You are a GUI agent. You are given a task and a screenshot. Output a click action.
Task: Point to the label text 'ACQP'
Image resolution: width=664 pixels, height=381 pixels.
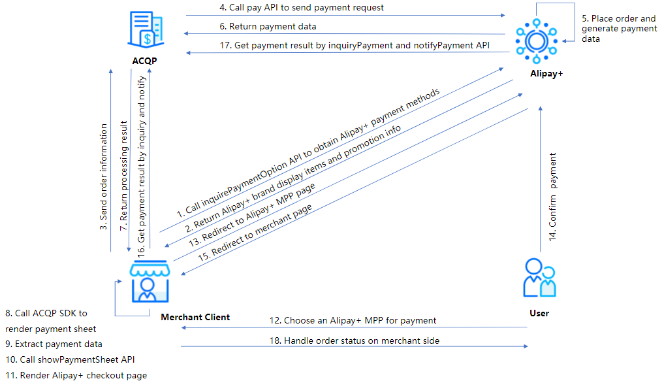tap(144, 61)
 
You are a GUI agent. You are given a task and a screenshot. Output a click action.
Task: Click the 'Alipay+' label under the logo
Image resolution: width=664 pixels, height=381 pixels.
tap(546, 73)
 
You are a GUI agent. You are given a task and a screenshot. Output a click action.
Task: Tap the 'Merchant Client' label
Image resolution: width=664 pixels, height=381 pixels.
tap(195, 317)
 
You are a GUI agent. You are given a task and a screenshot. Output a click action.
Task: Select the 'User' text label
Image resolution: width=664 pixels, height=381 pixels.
tap(539, 313)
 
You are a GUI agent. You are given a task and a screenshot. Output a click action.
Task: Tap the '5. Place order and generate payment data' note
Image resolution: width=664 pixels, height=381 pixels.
tap(619, 29)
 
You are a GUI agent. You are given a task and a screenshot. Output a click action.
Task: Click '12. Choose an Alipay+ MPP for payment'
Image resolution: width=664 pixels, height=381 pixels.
tap(353, 320)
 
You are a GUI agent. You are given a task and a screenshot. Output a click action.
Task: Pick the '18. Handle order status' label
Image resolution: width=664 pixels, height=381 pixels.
tap(355, 340)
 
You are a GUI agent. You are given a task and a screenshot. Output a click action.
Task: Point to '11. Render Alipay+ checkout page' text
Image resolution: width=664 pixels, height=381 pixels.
tap(76, 375)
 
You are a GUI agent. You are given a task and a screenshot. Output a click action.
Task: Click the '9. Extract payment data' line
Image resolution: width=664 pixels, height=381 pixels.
tap(54, 344)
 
